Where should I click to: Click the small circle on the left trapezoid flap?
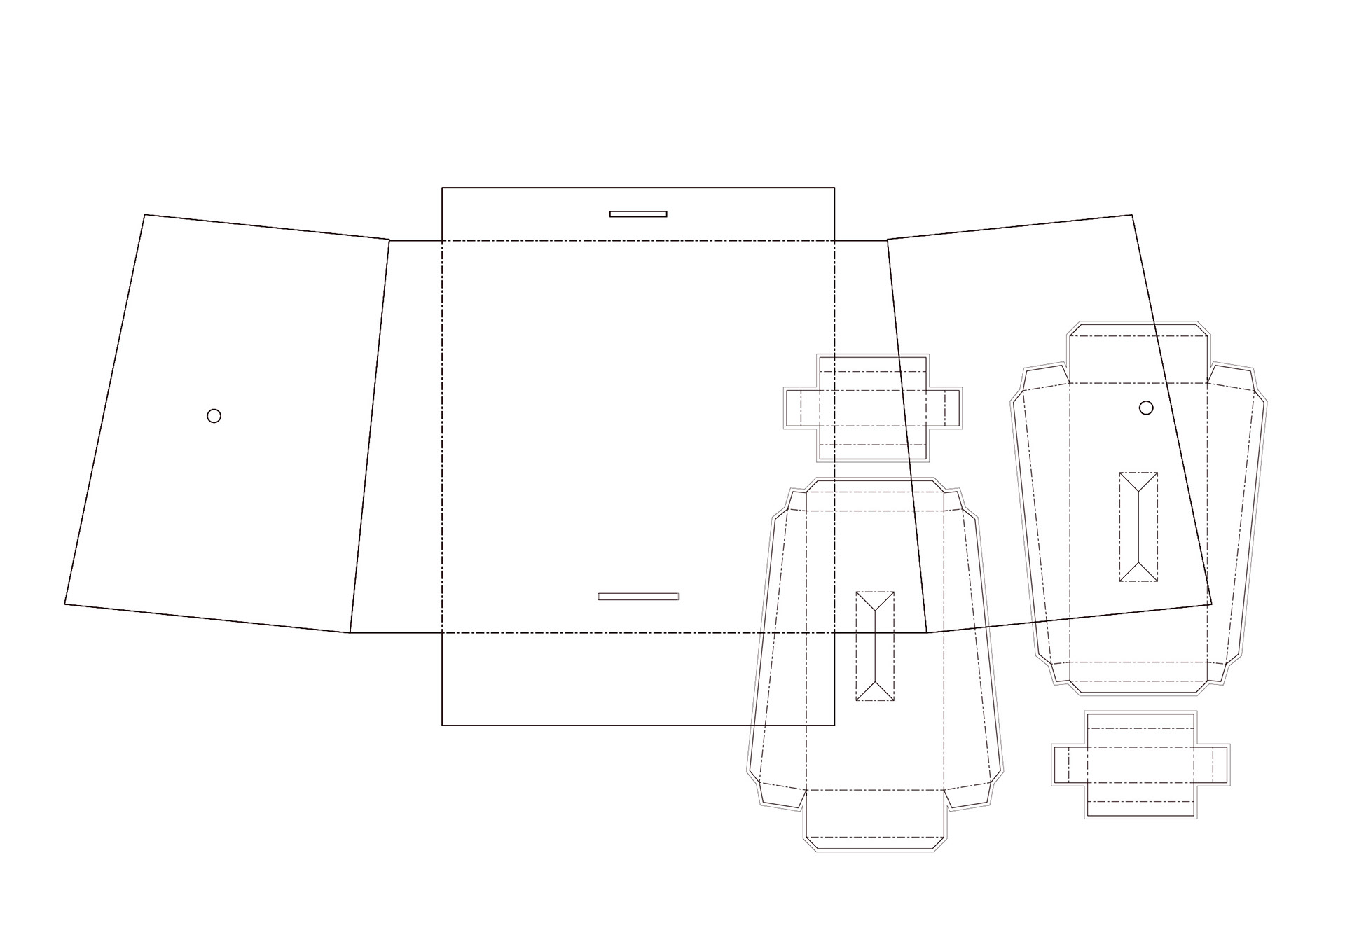214,416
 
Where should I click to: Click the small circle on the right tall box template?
1146,408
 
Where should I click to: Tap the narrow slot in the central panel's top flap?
638,214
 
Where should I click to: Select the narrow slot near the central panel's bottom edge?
638,597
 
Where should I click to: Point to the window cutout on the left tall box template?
875,646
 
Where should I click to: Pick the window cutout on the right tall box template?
1138,527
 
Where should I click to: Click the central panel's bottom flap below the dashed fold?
638,679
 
